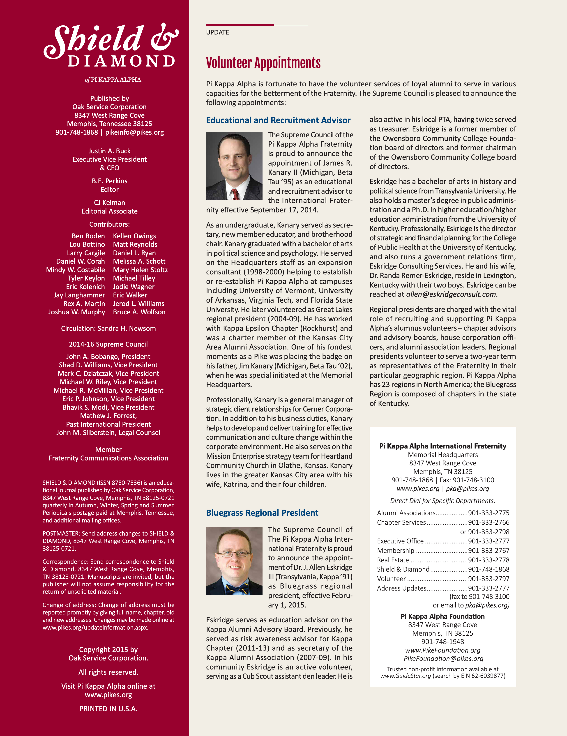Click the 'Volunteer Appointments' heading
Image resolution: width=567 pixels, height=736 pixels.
(x=263, y=63)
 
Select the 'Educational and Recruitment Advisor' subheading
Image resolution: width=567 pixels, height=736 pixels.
(x=278, y=120)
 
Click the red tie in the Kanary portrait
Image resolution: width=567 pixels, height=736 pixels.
(x=235, y=194)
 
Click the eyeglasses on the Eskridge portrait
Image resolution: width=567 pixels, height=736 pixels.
(x=234, y=554)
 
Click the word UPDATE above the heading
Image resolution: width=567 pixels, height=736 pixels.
(x=217, y=32)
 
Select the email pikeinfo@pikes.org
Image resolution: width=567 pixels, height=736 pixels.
(x=134, y=132)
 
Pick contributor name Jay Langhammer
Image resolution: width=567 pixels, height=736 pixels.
(x=79, y=295)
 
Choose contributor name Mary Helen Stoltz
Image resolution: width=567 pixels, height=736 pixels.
(x=140, y=270)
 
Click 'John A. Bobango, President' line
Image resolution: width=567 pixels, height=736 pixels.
(x=108, y=356)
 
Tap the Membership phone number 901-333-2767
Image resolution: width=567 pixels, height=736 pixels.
(x=489, y=551)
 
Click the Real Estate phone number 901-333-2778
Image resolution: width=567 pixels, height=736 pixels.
(x=489, y=560)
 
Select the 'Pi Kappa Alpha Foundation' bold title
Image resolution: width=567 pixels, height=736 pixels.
(x=442, y=616)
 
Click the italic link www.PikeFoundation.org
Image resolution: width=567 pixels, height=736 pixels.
(x=442, y=650)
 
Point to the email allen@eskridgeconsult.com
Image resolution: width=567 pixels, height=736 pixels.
(x=451, y=294)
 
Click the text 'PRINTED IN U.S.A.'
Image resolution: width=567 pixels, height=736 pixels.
(x=108, y=709)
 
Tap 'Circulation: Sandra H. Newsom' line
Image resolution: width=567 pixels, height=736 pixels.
(x=108, y=329)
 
